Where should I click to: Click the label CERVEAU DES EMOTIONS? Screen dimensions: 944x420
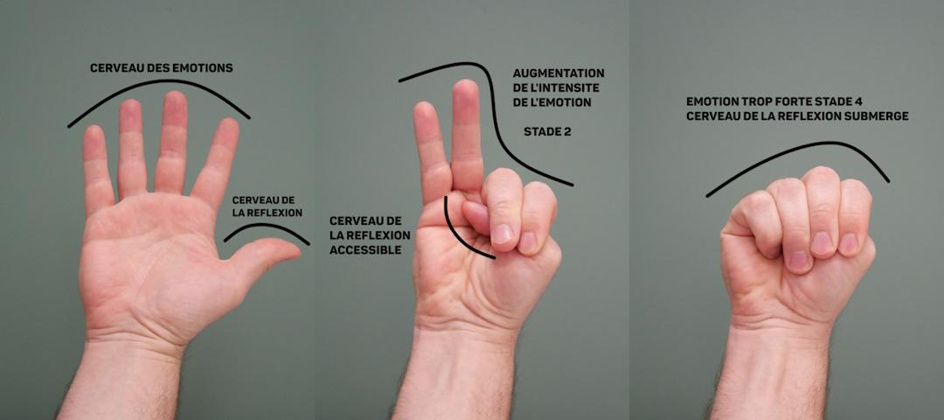162,69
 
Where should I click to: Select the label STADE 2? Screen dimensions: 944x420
546,132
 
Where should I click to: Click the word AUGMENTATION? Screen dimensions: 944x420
559,73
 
